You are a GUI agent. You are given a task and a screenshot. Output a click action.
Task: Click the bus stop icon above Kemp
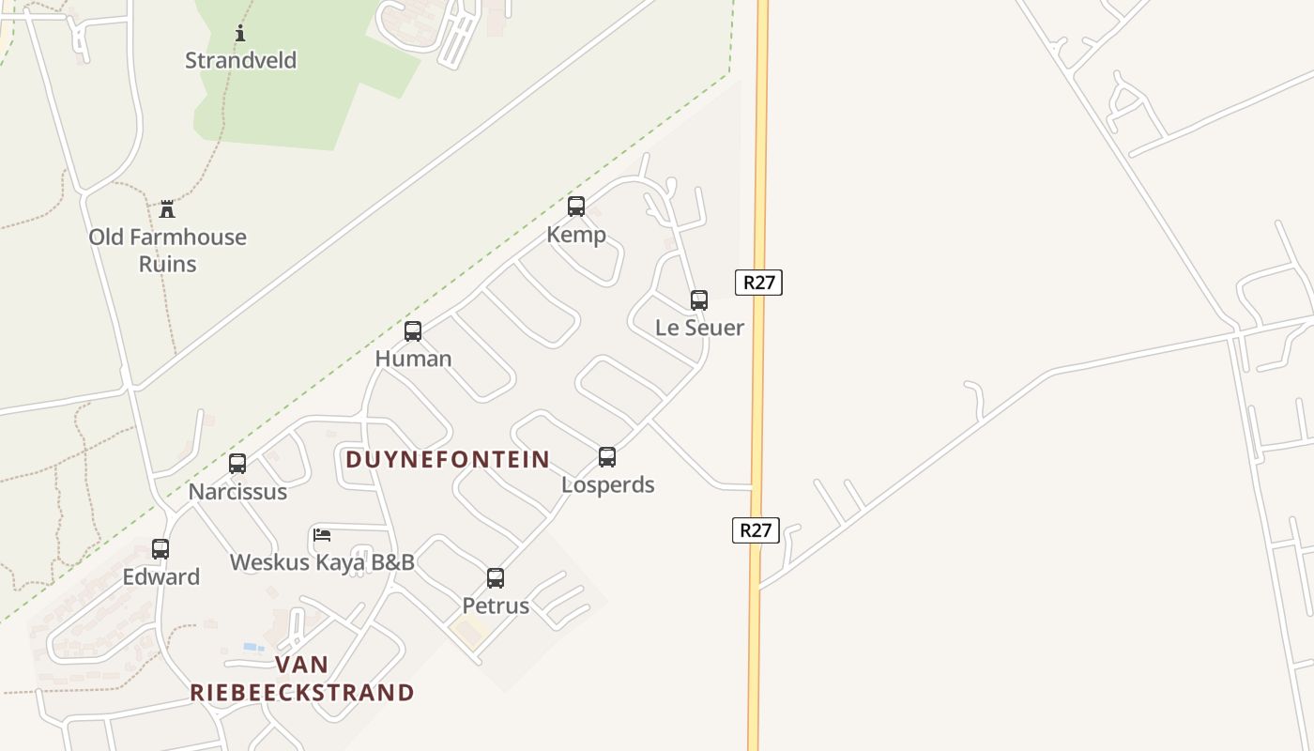click(x=576, y=207)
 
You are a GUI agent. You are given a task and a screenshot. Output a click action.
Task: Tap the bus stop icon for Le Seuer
click(x=699, y=300)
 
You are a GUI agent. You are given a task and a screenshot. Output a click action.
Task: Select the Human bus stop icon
click(x=413, y=331)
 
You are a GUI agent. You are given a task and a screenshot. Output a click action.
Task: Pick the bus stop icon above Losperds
click(x=607, y=457)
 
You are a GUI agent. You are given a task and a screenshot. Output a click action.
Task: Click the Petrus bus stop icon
click(x=496, y=578)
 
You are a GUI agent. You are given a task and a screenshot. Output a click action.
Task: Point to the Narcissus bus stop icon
click(x=237, y=464)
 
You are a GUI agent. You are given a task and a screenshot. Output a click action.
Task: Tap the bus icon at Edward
click(x=160, y=549)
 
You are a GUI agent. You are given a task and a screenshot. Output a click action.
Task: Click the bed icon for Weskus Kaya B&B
click(x=322, y=536)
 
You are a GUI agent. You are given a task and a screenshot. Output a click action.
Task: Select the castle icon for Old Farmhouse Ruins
click(x=167, y=208)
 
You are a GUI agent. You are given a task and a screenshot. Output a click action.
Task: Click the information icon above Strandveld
click(x=240, y=34)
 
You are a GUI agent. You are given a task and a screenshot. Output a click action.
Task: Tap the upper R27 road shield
click(x=758, y=283)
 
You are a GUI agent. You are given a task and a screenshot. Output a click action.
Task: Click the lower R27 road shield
click(x=756, y=530)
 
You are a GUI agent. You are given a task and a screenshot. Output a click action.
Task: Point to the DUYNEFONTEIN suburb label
click(x=448, y=459)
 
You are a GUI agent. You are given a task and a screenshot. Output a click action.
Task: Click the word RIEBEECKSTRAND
click(x=302, y=693)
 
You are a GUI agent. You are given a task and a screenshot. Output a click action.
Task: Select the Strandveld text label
click(x=240, y=60)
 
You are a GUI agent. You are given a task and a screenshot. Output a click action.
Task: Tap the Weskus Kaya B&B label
click(x=322, y=562)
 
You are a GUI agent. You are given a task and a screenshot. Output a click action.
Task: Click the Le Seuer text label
click(x=699, y=328)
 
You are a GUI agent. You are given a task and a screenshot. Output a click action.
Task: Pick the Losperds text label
click(x=607, y=484)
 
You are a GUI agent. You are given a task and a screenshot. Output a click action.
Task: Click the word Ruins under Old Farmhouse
click(x=168, y=264)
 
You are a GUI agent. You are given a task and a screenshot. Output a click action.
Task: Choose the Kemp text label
click(x=576, y=234)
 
